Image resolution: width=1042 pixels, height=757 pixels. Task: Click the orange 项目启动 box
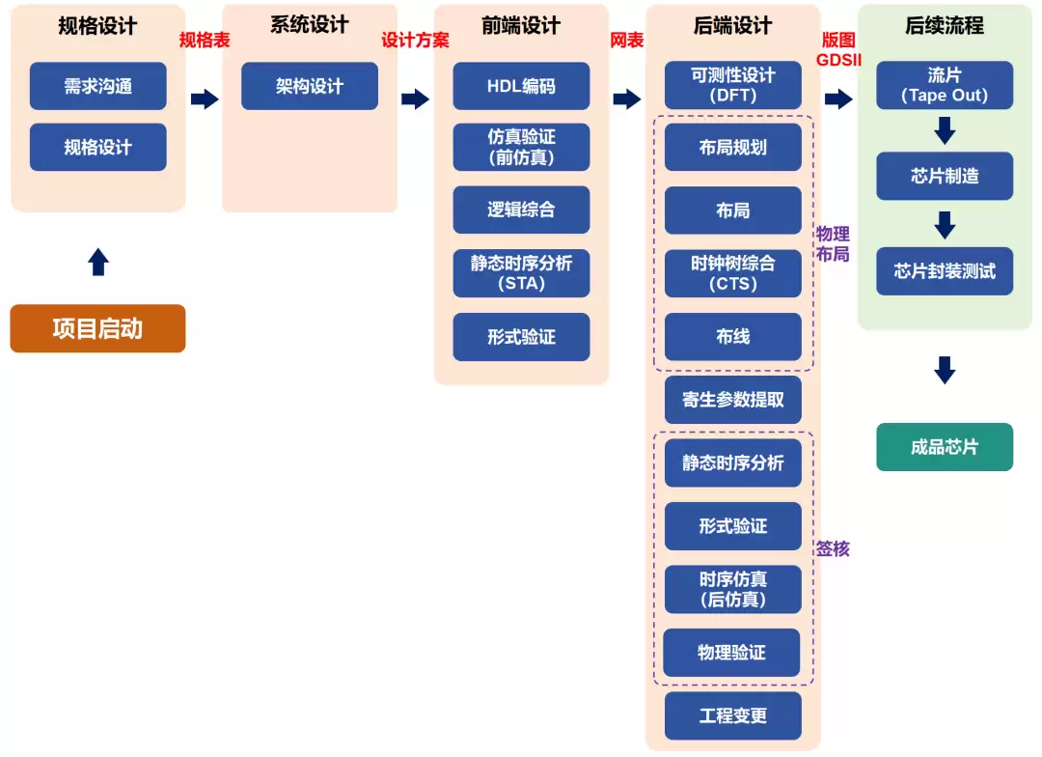click(x=97, y=328)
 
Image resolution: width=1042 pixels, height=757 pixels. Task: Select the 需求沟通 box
click(x=97, y=86)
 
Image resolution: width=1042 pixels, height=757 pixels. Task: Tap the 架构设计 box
click(x=309, y=86)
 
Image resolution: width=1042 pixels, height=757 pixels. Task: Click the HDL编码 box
click(x=521, y=86)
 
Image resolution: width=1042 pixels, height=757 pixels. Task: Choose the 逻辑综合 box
click(x=521, y=210)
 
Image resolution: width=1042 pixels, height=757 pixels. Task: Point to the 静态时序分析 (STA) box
click(x=521, y=273)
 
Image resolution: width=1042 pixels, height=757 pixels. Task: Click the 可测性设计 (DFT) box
click(x=732, y=85)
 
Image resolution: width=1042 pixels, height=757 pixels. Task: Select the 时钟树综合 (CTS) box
click(x=732, y=273)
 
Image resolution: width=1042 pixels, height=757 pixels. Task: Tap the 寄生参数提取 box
click(x=732, y=400)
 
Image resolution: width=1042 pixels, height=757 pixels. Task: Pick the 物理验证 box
click(x=731, y=653)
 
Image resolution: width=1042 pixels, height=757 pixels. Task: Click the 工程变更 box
click(x=732, y=715)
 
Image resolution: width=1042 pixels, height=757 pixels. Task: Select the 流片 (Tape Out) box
click(x=945, y=85)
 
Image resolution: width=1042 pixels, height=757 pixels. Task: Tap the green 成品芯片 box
click(x=945, y=447)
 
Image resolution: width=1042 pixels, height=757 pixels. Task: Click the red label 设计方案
click(x=415, y=41)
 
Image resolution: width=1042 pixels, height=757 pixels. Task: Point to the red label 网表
click(x=627, y=41)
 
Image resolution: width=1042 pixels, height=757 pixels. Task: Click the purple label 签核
click(x=833, y=548)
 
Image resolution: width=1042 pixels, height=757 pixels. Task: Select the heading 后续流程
click(x=945, y=26)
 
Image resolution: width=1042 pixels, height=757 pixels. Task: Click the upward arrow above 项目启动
click(x=98, y=262)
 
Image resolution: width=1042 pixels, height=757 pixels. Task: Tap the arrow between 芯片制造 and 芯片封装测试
click(x=946, y=225)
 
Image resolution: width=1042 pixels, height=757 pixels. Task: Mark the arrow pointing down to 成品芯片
click(x=946, y=370)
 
